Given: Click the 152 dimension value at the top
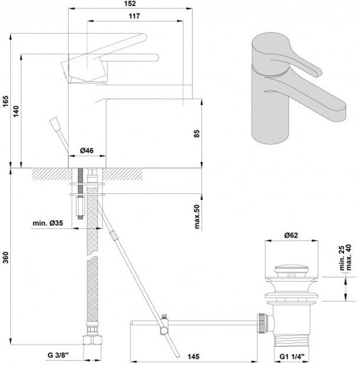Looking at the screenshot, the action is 130,4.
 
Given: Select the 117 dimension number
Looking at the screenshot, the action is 135,16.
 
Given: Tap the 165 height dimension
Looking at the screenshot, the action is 5,101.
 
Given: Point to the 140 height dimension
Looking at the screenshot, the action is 15,111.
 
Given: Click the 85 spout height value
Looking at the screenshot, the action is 197,133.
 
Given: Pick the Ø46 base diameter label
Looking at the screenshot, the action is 87,150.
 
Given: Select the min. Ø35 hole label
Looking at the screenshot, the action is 48,223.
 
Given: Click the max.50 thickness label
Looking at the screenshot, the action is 197,216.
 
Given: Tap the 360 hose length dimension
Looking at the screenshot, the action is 5,258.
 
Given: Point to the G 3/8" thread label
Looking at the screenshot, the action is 58,355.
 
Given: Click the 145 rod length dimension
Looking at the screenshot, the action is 194,356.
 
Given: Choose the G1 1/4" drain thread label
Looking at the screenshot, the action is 292,356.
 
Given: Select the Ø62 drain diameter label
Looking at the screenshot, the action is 291,235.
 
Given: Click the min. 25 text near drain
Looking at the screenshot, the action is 342,258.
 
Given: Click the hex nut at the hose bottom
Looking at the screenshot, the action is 93,340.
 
